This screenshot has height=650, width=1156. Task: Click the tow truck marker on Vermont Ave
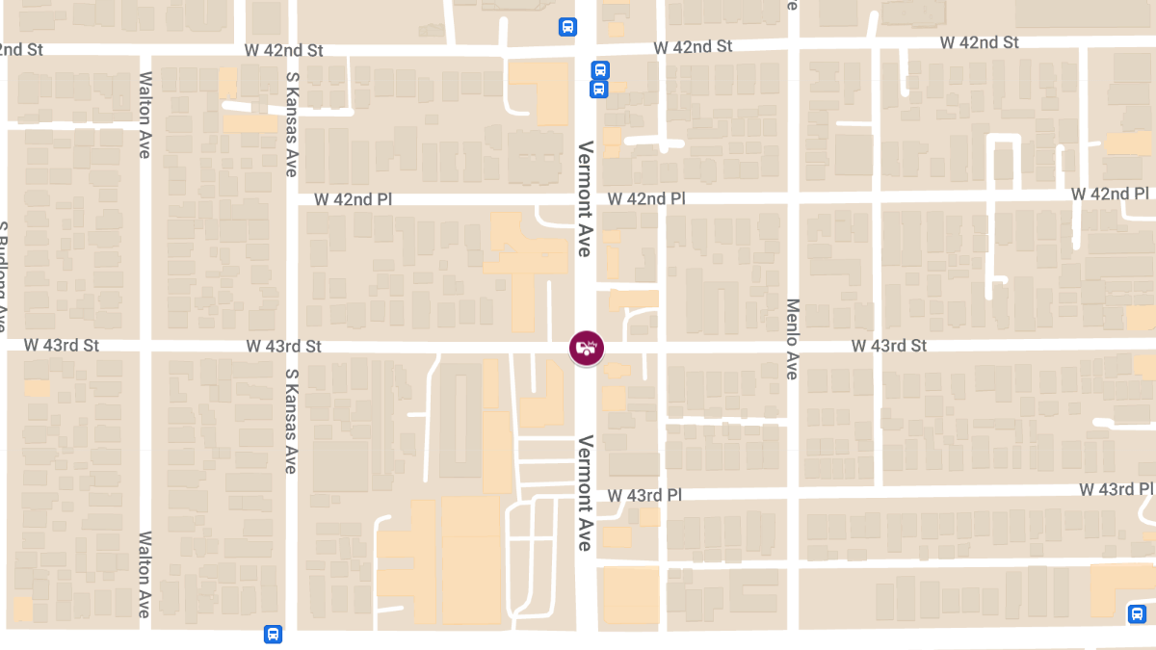(587, 349)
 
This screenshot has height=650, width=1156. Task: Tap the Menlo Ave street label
(793, 338)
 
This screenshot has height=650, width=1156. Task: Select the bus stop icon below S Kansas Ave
(273, 635)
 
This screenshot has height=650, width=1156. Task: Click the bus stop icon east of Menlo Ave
(1137, 613)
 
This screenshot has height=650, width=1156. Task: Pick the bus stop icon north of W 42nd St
(568, 27)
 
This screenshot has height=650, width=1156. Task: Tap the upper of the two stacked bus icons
(599, 70)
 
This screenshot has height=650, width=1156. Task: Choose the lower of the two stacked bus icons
(598, 90)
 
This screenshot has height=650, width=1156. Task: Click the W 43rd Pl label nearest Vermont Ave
(644, 494)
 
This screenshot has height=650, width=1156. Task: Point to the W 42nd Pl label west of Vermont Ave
(354, 199)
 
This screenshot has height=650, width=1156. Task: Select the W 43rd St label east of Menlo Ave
(888, 345)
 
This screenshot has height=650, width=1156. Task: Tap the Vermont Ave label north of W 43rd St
(584, 198)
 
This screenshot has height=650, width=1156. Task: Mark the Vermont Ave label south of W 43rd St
(584, 493)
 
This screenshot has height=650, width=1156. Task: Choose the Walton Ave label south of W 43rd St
(145, 575)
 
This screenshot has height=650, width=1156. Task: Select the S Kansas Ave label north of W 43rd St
(290, 124)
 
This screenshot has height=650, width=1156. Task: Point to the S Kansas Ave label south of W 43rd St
(290, 421)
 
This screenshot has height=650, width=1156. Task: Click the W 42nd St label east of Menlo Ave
(979, 42)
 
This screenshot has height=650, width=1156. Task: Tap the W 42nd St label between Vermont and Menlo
(693, 46)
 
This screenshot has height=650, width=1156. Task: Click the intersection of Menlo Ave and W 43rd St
(793, 345)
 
